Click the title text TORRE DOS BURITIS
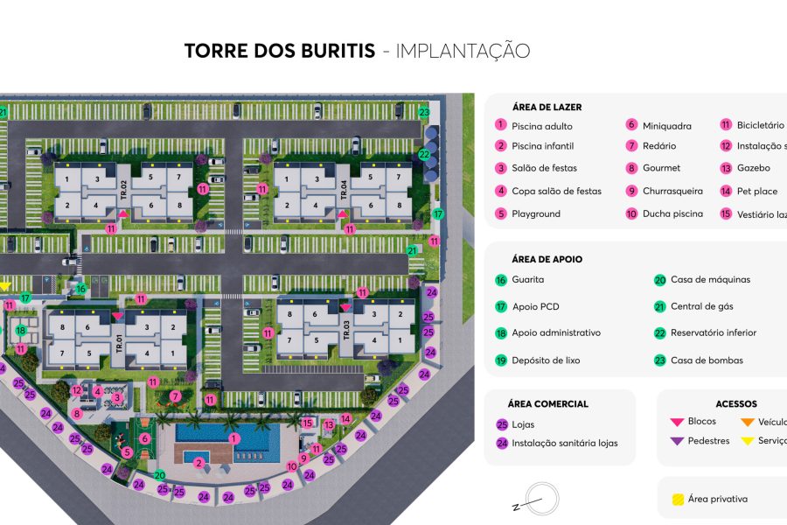click(280, 51)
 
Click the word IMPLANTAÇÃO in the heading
click(463, 51)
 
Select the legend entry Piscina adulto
click(542, 126)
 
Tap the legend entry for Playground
click(536, 213)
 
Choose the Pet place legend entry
click(756, 191)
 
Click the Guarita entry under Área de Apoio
click(527, 280)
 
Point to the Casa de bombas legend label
click(707, 360)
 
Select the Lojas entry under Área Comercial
click(523, 424)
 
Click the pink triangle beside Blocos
click(676, 422)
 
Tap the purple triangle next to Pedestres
click(676, 441)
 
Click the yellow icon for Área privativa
click(677, 500)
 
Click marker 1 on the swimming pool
click(233, 437)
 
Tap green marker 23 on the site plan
click(424, 112)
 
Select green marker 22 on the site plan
click(424, 154)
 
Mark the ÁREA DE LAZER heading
click(547, 107)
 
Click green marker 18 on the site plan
click(21, 330)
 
